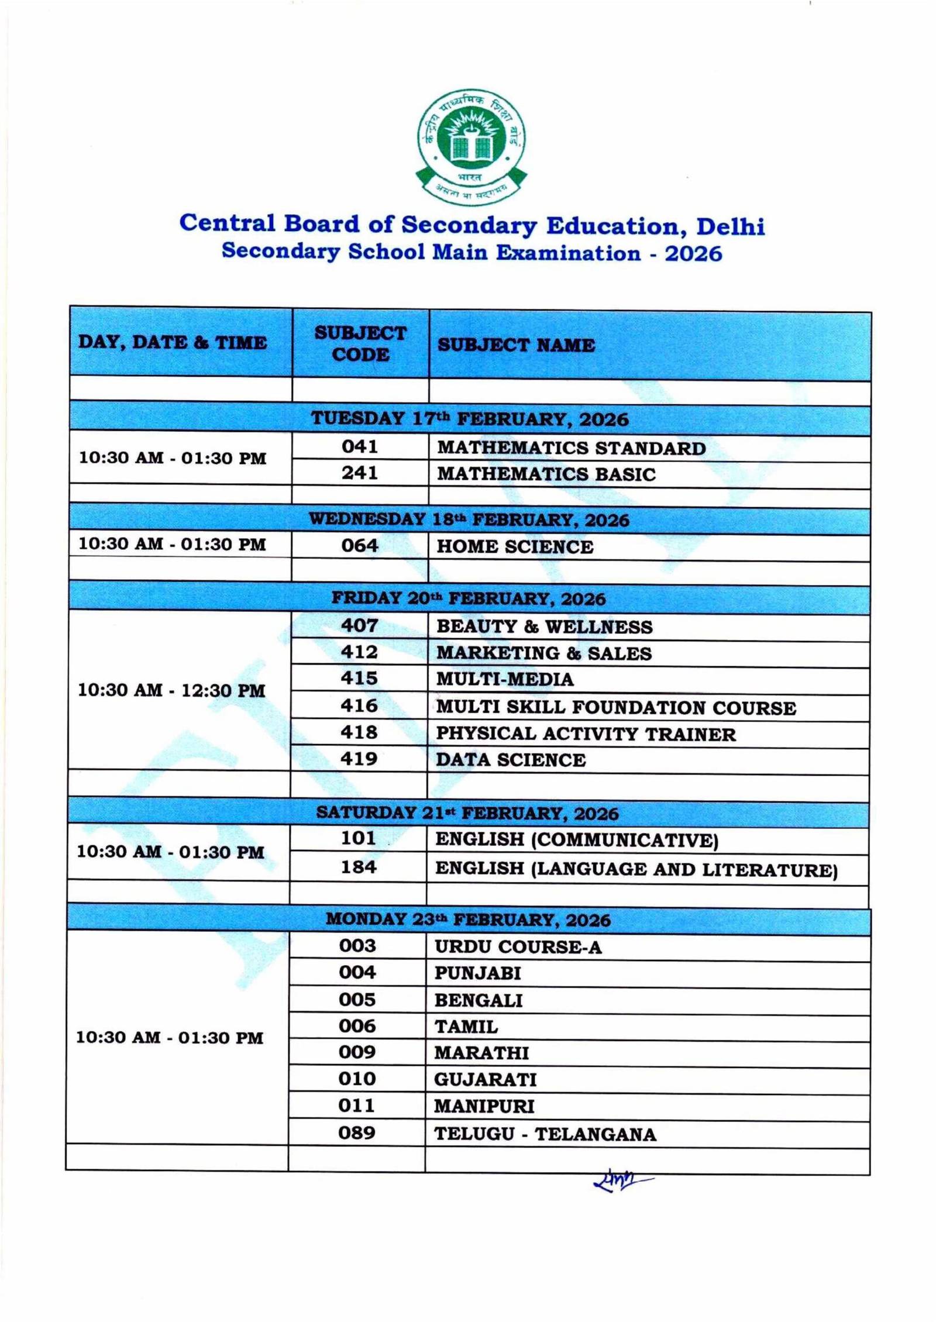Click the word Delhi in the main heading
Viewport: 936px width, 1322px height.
coord(730,226)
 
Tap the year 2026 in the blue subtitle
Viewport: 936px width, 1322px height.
coord(693,253)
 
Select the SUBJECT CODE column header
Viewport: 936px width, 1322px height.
coord(360,343)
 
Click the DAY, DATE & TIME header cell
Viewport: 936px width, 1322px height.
coord(173,342)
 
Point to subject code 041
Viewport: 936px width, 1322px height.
coord(360,447)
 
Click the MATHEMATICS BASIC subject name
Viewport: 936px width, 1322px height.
coord(546,474)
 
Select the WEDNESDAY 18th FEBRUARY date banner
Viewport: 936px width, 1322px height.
coord(469,519)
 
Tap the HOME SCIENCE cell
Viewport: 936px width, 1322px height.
coord(515,546)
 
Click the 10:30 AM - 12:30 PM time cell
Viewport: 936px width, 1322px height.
coord(172,690)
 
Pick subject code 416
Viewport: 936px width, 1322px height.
coord(359,706)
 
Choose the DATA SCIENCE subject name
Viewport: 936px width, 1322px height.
coord(511,760)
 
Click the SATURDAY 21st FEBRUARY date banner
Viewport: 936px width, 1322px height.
coord(467,813)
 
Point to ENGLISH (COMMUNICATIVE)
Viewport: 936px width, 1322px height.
coord(577,840)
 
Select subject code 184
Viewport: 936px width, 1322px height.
coord(359,867)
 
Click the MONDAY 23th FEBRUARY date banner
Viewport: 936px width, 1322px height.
coord(468,920)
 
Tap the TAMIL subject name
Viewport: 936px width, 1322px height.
coord(466,1027)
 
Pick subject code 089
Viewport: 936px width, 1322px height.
coord(357,1133)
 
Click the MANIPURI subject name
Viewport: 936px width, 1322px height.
coord(484,1106)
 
